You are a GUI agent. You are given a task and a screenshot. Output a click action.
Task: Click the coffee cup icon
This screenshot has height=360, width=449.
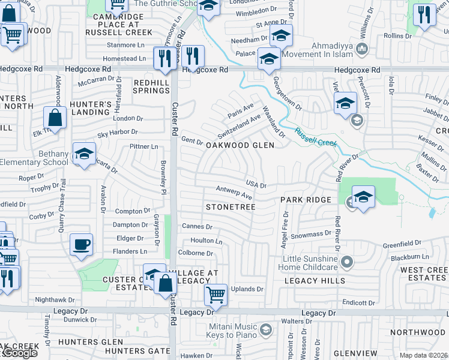81,245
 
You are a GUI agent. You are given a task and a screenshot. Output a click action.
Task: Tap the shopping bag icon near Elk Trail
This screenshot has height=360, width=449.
55,118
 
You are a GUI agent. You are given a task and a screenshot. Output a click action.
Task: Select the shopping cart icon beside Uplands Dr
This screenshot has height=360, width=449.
215,295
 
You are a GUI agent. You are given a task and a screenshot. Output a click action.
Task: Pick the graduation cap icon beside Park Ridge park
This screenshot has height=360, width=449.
363,197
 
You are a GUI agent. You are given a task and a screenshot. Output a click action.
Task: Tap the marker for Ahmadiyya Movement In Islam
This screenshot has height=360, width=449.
361,48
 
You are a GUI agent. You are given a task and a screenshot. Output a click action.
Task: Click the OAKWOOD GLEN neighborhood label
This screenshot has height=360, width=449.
240,145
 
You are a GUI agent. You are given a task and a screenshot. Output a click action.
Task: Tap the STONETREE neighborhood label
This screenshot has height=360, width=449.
231,207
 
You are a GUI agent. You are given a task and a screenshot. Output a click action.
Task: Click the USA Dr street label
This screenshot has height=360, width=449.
256,183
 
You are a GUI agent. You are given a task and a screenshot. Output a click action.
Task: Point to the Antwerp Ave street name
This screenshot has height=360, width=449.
234,193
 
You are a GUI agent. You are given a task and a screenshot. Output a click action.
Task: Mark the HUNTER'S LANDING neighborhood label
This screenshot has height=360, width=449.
91,107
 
